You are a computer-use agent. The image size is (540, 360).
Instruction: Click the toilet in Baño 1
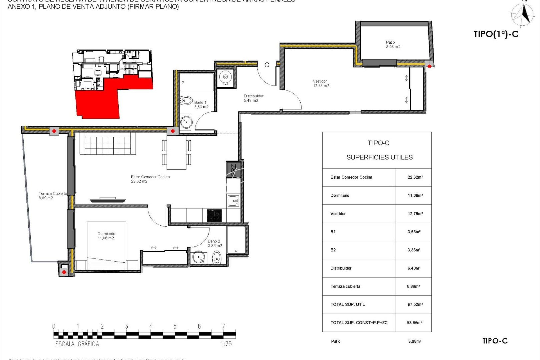(x=186, y=100)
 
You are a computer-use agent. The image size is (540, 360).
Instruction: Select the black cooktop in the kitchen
(x=214, y=215)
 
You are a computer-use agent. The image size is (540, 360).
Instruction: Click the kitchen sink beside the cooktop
(x=233, y=201)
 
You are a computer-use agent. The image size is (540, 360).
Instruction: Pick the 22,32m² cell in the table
(x=415, y=177)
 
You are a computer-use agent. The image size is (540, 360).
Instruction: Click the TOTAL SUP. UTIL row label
(x=347, y=304)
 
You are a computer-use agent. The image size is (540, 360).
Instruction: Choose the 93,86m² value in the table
(x=414, y=323)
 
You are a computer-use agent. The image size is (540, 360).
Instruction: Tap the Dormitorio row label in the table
(x=340, y=195)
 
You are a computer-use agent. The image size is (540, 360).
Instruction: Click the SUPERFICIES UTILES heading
(x=379, y=157)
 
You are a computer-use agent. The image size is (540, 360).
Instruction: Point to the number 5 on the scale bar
(x=175, y=326)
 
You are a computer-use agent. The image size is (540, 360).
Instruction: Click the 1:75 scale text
(x=226, y=344)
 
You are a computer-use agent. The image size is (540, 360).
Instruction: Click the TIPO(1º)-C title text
(x=496, y=34)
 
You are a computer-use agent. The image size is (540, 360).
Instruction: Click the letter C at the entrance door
(x=267, y=65)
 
